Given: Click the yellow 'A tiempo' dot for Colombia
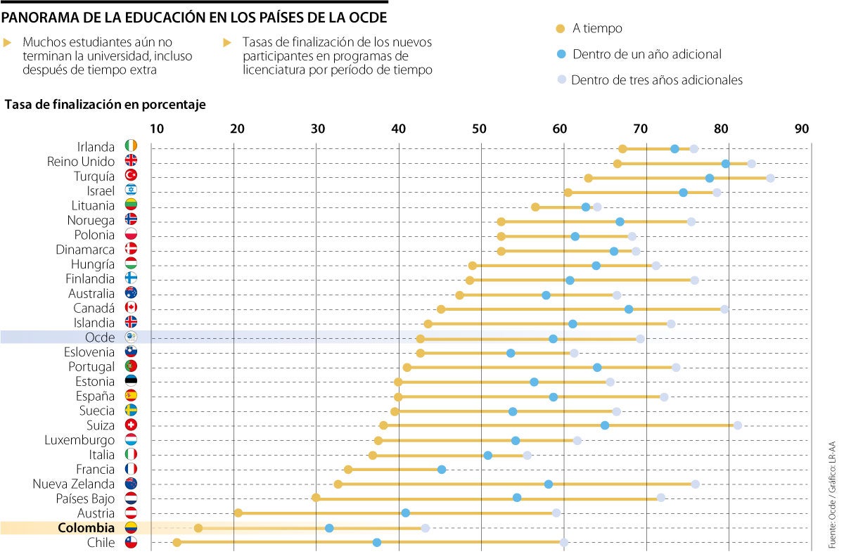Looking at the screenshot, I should click(198, 528).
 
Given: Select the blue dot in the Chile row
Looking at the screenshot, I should click(377, 542).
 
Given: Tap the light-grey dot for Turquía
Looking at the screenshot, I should click(770, 178).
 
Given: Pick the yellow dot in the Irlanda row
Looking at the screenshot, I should click(622, 148).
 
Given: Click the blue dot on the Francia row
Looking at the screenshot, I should click(442, 469).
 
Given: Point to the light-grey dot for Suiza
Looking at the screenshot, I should click(738, 425).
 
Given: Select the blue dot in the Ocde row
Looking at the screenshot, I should click(554, 338).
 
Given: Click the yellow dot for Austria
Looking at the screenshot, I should click(238, 513).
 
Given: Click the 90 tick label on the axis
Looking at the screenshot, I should click(802, 129).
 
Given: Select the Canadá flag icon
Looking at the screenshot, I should click(131, 308).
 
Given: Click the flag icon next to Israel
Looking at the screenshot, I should click(131, 191).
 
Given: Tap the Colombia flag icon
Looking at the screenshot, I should click(131, 528).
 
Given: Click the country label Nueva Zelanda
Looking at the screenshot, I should click(74, 484).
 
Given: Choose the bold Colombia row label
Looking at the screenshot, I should click(87, 528).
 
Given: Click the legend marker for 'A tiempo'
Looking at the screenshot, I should click(561, 29).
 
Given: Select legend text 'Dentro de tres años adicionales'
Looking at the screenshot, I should click(657, 80).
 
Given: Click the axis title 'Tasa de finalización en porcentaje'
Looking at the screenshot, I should click(105, 105).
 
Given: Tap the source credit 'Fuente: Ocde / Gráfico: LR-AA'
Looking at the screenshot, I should click(832, 491).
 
